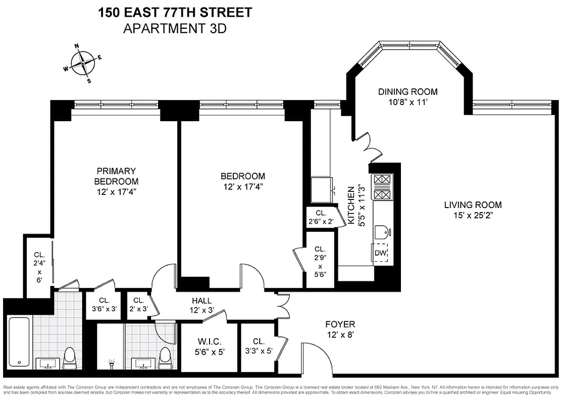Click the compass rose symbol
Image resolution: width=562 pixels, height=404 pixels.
83,64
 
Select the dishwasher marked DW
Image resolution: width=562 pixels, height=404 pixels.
380,253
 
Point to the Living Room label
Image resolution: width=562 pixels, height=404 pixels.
473,205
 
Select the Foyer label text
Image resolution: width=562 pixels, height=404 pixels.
340,324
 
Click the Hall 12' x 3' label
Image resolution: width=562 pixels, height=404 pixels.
201,306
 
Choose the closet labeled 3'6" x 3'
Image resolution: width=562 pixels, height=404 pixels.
104,305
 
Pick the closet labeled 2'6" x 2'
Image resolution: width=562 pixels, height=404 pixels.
321,217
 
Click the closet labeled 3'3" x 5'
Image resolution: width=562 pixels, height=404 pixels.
258,346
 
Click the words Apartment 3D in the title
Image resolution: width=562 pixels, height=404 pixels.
175,28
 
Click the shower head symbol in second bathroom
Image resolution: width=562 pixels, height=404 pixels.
111,362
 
